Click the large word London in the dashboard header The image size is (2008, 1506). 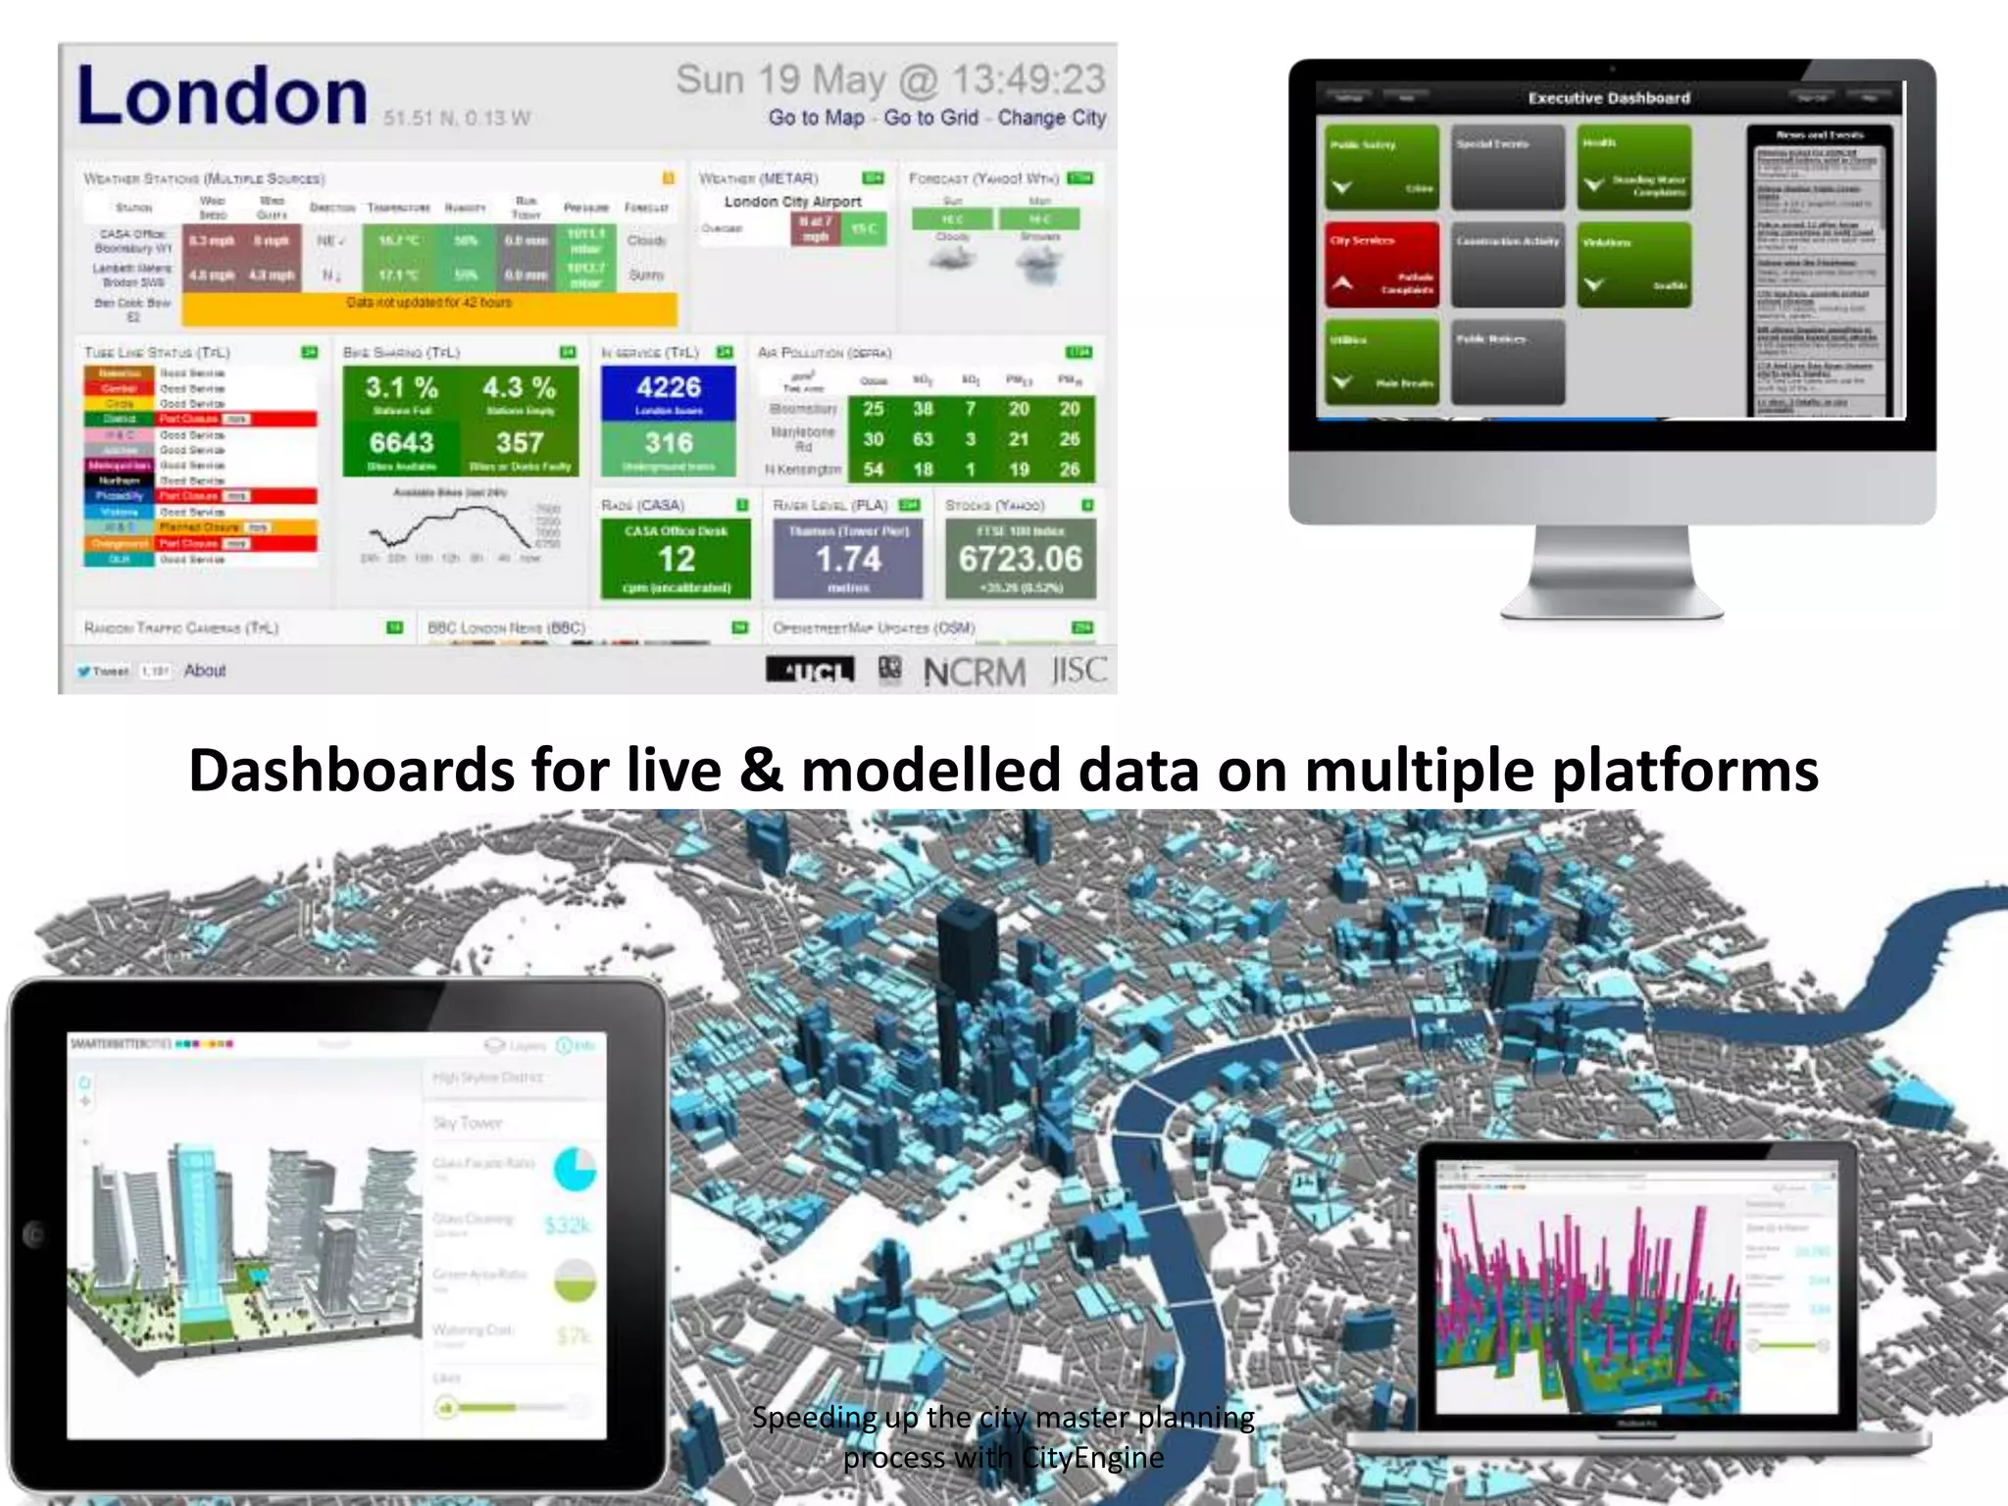tap(223, 96)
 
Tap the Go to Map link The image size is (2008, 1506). tap(816, 118)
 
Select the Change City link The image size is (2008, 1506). tap(1051, 118)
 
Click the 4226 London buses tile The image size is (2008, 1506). tap(669, 393)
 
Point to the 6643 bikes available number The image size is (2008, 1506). tap(401, 443)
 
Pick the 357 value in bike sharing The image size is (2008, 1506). tap(519, 443)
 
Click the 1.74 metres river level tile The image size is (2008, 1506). tap(848, 560)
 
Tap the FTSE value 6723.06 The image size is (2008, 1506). tap(1020, 559)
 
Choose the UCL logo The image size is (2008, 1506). tap(810, 672)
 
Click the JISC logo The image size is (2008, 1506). tap(1079, 671)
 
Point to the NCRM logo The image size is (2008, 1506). tap(974, 673)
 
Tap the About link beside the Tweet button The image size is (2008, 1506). tap(205, 671)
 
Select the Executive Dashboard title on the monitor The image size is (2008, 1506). tap(1609, 98)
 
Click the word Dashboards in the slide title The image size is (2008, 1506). tap(351, 771)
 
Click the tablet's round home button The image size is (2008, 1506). tap(35, 1234)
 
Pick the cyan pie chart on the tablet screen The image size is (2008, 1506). tap(575, 1169)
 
